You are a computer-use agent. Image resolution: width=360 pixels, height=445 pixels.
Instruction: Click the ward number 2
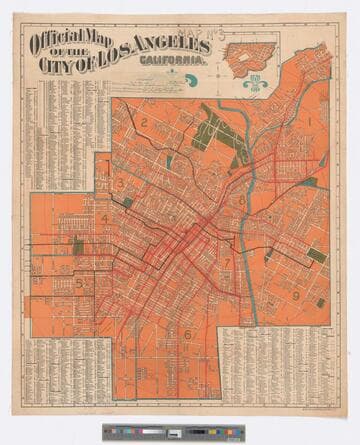(144, 124)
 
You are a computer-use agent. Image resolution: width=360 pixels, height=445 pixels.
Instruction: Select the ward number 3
(120, 183)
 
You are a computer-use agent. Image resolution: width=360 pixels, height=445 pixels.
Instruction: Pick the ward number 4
(104, 219)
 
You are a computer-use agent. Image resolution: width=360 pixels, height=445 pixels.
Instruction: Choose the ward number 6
(185, 335)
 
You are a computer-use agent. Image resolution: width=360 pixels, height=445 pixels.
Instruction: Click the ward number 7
(228, 264)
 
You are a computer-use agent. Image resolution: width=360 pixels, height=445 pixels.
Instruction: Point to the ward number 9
(296, 295)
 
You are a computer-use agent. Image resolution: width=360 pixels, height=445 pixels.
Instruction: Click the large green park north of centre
(216, 132)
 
